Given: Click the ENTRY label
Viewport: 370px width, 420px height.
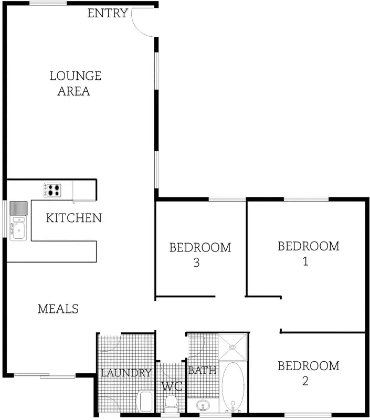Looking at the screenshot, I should (x=107, y=14).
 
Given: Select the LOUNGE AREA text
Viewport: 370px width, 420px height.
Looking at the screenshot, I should (x=75, y=83).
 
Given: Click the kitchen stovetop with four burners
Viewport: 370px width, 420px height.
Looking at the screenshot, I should (x=52, y=190).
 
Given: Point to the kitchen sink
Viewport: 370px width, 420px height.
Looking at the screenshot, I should (x=18, y=229).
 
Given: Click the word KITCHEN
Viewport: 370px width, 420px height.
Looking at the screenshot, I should (x=74, y=218).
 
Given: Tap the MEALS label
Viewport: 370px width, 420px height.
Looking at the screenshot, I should (x=58, y=309).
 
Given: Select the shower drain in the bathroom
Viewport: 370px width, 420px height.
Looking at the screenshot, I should (x=233, y=346).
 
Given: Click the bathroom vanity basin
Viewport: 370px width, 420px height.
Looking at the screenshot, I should (x=203, y=405).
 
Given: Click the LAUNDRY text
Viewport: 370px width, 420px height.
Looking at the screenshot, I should (x=126, y=373).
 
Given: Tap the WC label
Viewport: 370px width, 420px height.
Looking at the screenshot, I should (x=172, y=387).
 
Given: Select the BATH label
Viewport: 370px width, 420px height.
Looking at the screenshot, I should (x=202, y=371).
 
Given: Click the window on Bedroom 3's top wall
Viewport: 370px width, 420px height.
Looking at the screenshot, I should (x=227, y=199).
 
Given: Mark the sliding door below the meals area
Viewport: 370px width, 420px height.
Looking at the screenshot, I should (x=45, y=375).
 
